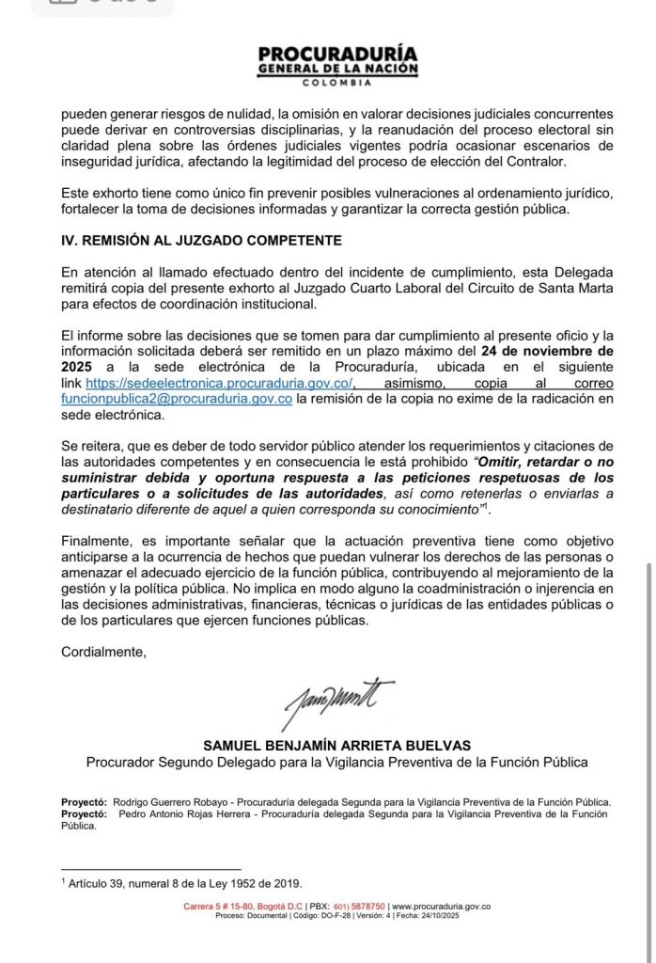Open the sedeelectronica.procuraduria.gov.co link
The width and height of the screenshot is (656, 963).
[219, 384]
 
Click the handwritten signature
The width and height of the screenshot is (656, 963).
[337, 700]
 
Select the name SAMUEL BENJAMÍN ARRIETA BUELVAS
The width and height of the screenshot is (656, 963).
[336, 746]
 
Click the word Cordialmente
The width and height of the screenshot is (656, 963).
[103, 652]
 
